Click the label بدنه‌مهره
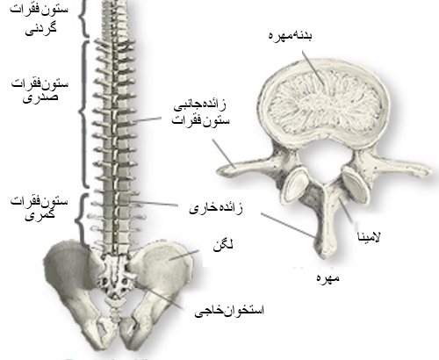pos(290,36)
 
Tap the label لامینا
pos(369,236)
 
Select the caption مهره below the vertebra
pos(328,277)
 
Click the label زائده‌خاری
pos(216,209)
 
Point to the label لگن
pos(223,245)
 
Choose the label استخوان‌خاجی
pos(229,311)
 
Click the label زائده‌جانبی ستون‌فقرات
pos(200,113)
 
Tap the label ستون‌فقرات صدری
pos(40,90)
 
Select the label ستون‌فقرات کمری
pos(40,208)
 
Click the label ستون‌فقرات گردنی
pos(40,18)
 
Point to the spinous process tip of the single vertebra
pos(324,256)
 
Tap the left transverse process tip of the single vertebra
pos(220,171)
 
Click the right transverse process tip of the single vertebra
pos(428,171)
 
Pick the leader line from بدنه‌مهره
pos(313,68)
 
